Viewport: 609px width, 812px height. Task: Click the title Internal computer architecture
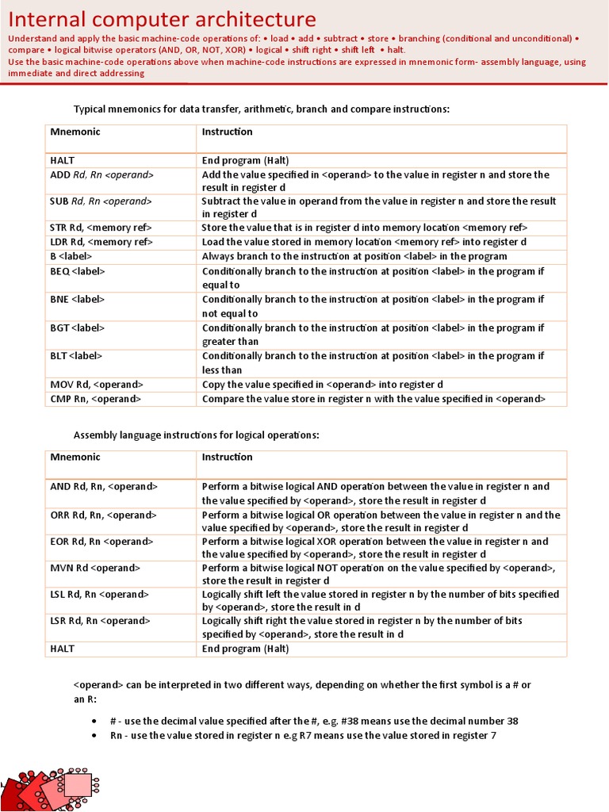pos(162,20)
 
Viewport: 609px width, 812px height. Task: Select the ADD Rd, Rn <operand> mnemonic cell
pos(101,174)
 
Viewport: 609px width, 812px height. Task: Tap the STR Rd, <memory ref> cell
pos(101,228)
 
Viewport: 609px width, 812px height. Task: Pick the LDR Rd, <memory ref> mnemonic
pos(101,242)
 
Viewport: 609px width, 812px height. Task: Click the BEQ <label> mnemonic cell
pos(78,271)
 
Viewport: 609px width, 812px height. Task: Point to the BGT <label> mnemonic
pos(78,327)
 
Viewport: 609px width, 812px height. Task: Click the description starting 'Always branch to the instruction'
pos(354,256)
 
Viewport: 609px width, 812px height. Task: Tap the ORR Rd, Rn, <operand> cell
pos(104,515)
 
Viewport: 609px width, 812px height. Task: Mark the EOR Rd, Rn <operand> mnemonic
pos(101,542)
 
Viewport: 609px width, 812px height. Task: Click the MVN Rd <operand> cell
pos(95,568)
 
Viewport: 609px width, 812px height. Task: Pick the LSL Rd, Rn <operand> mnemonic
pos(100,594)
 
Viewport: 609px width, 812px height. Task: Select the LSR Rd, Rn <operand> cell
pos(100,621)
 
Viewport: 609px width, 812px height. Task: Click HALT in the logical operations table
pos(63,649)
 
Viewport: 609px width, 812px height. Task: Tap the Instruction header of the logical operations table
pos(227,457)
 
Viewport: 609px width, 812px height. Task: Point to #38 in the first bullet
pos(336,721)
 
